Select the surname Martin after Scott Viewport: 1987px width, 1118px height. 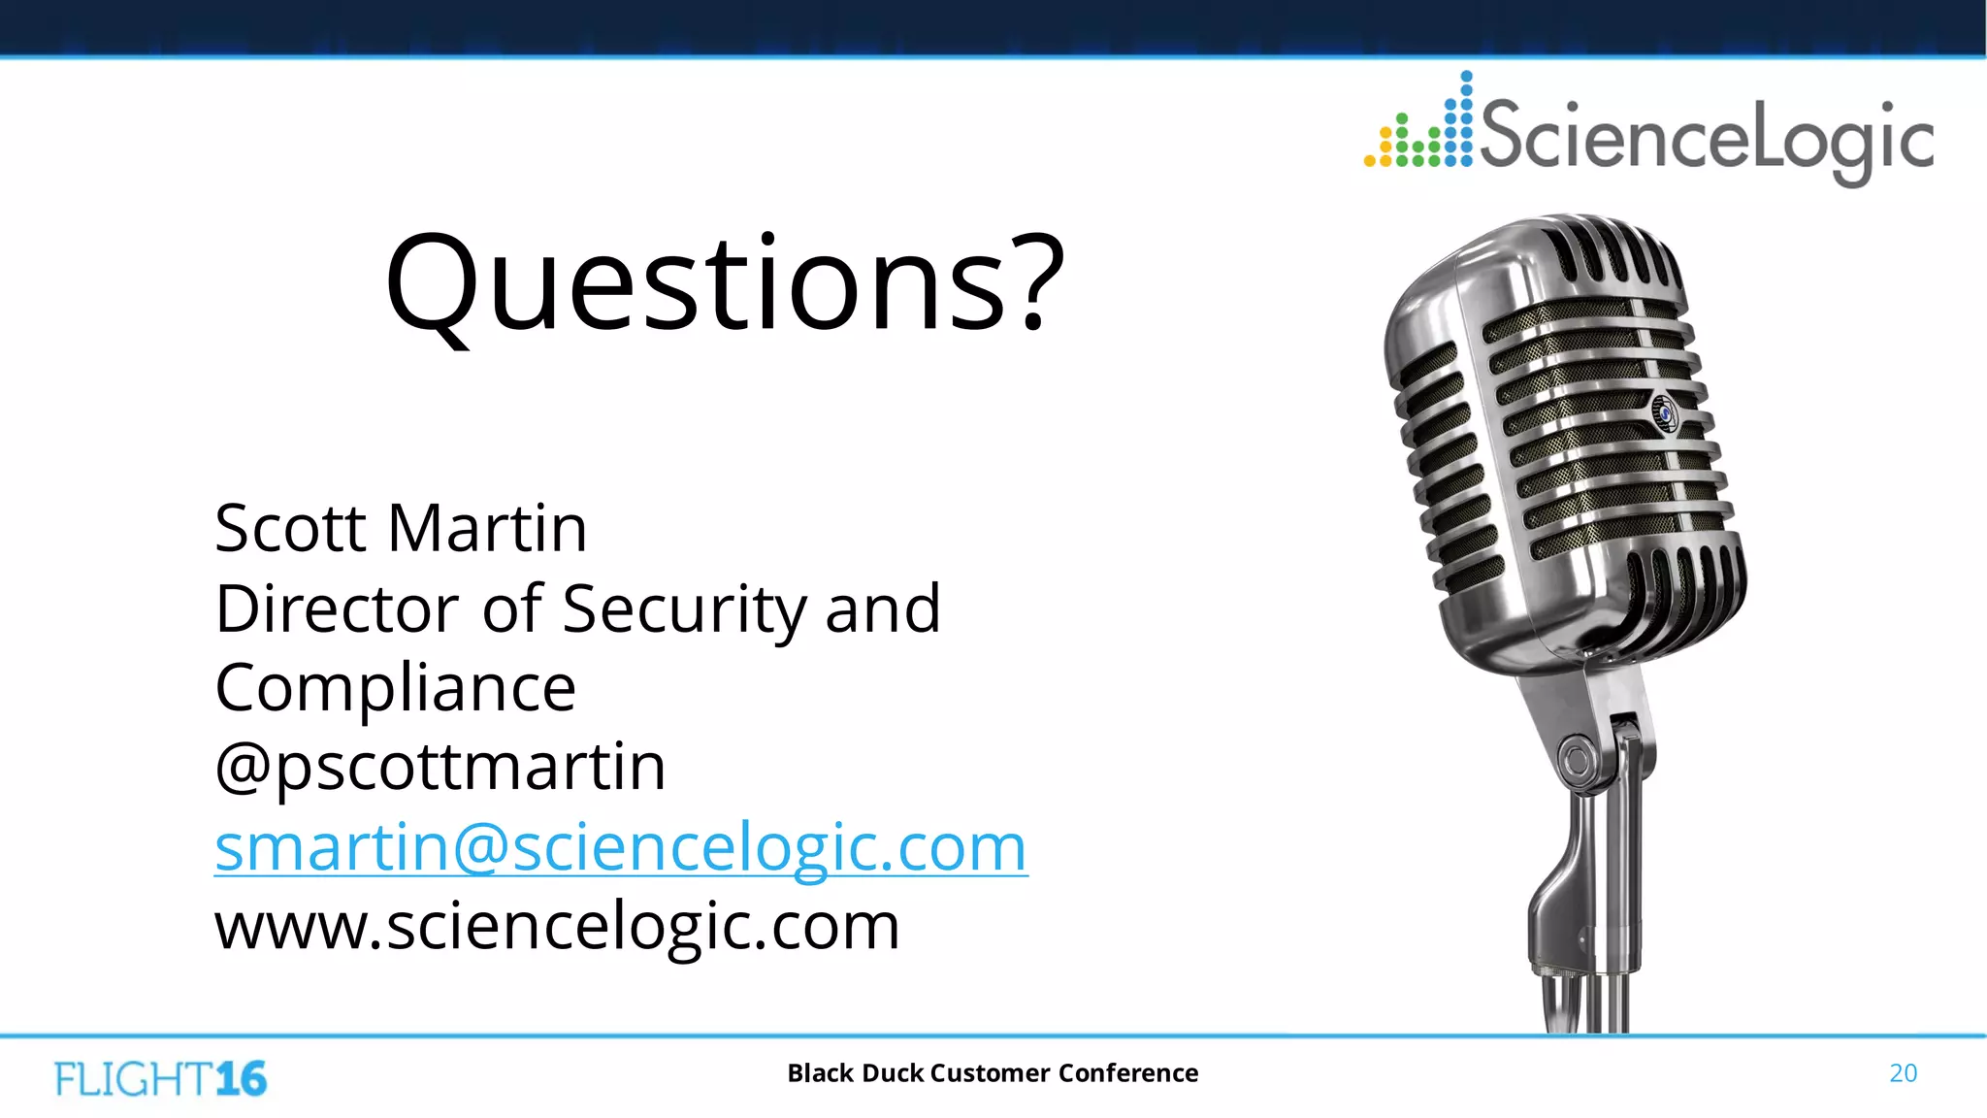pos(487,529)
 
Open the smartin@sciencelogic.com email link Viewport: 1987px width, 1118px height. pos(621,848)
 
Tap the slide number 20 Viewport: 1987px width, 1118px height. pos(1903,1073)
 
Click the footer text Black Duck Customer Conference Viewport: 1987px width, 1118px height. pos(993,1073)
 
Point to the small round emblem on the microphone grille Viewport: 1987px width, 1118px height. pos(1665,411)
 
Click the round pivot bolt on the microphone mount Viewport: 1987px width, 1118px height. pos(1578,758)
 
